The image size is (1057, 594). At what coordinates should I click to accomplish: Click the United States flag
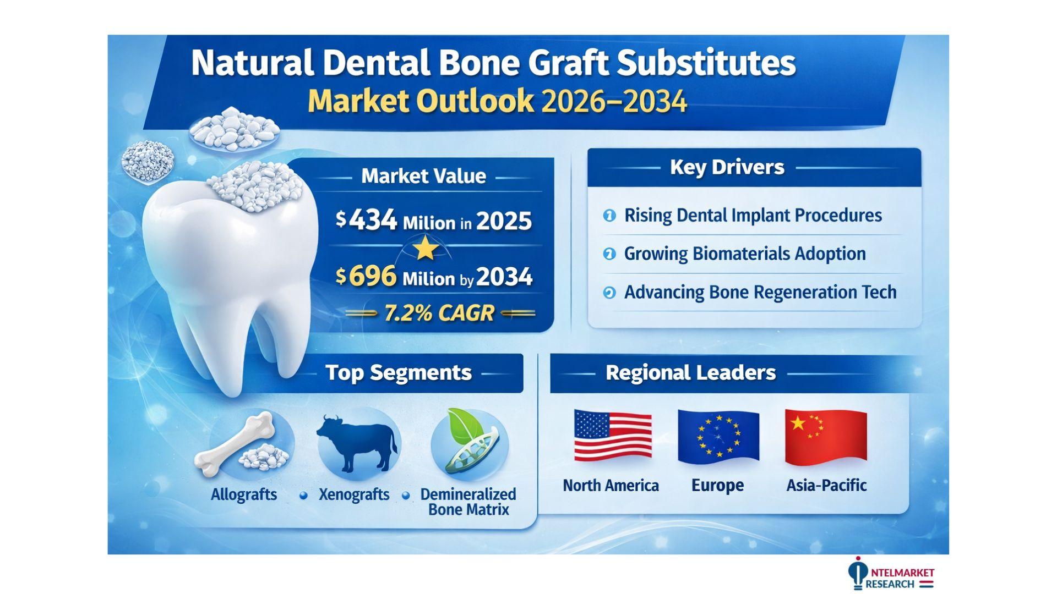click(613, 436)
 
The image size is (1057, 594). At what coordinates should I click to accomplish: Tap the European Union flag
click(718, 436)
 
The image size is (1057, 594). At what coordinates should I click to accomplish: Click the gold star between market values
click(426, 248)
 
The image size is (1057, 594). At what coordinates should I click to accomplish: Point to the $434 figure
click(366, 221)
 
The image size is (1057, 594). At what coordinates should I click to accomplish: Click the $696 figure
click(366, 276)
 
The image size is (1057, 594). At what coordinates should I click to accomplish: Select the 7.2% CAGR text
click(439, 313)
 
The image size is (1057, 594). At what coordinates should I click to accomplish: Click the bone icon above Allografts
click(236, 443)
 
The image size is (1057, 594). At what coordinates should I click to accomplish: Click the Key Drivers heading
click(727, 167)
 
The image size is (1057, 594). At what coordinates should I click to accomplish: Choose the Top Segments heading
click(399, 373)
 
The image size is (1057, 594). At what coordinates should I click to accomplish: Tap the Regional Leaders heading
click(690, 373)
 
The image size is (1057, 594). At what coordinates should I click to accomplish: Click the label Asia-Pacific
click(826, 485)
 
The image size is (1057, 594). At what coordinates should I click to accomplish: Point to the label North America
click(611, 486)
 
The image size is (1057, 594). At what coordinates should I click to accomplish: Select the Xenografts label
click(354, 494)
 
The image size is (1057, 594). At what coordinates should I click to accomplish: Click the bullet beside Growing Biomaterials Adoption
click(609, 254)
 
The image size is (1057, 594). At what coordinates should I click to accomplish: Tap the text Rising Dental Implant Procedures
click(753, 215)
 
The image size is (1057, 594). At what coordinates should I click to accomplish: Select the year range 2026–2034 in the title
click(614, 101)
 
